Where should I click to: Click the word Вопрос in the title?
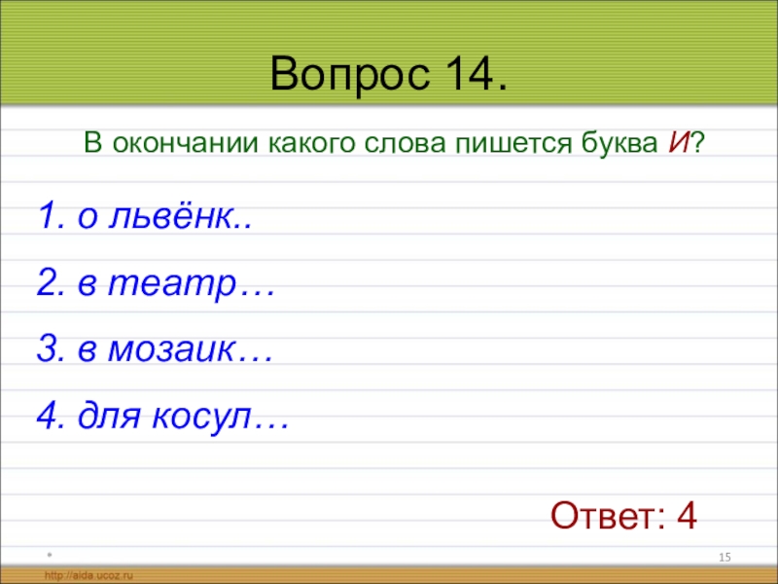pos(350,75)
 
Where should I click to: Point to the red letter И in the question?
pos(678,143)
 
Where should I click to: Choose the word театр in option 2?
pos(172,284)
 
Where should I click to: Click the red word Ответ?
pos(609,516)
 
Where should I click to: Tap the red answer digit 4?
pos(688,516)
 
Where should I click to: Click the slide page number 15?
pos(725,557)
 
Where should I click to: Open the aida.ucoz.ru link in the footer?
pos(88,575)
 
